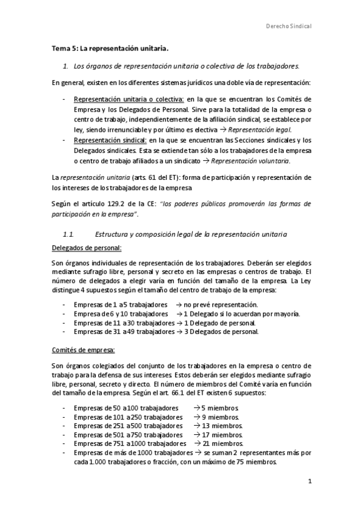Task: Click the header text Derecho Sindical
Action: point(289,27)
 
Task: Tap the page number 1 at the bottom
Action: point(309,483)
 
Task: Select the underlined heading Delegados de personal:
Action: point(87,249)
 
